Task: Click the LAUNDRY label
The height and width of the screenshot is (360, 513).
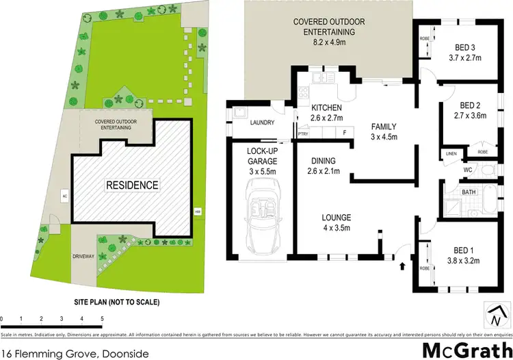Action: pyautogui.click(x=262, y=123)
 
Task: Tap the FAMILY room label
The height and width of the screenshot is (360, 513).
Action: pyautogui.click(x=383, y=127)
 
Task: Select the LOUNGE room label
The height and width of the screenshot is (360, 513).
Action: pyautogui.click(x=337, y=219)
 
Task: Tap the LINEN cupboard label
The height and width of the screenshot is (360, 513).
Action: pyautogui.click(x=451, y=154)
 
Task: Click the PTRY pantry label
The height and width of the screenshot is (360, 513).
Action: pyautogui.click(x=303, y=134)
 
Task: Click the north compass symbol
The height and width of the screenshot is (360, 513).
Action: pyautogui.click(x=495, y=317)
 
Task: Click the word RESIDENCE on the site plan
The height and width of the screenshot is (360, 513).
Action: pyautogui.click(x=131, y=185)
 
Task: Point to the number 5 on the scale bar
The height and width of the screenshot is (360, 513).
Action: pyautogui.click(x=102, y=319)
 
